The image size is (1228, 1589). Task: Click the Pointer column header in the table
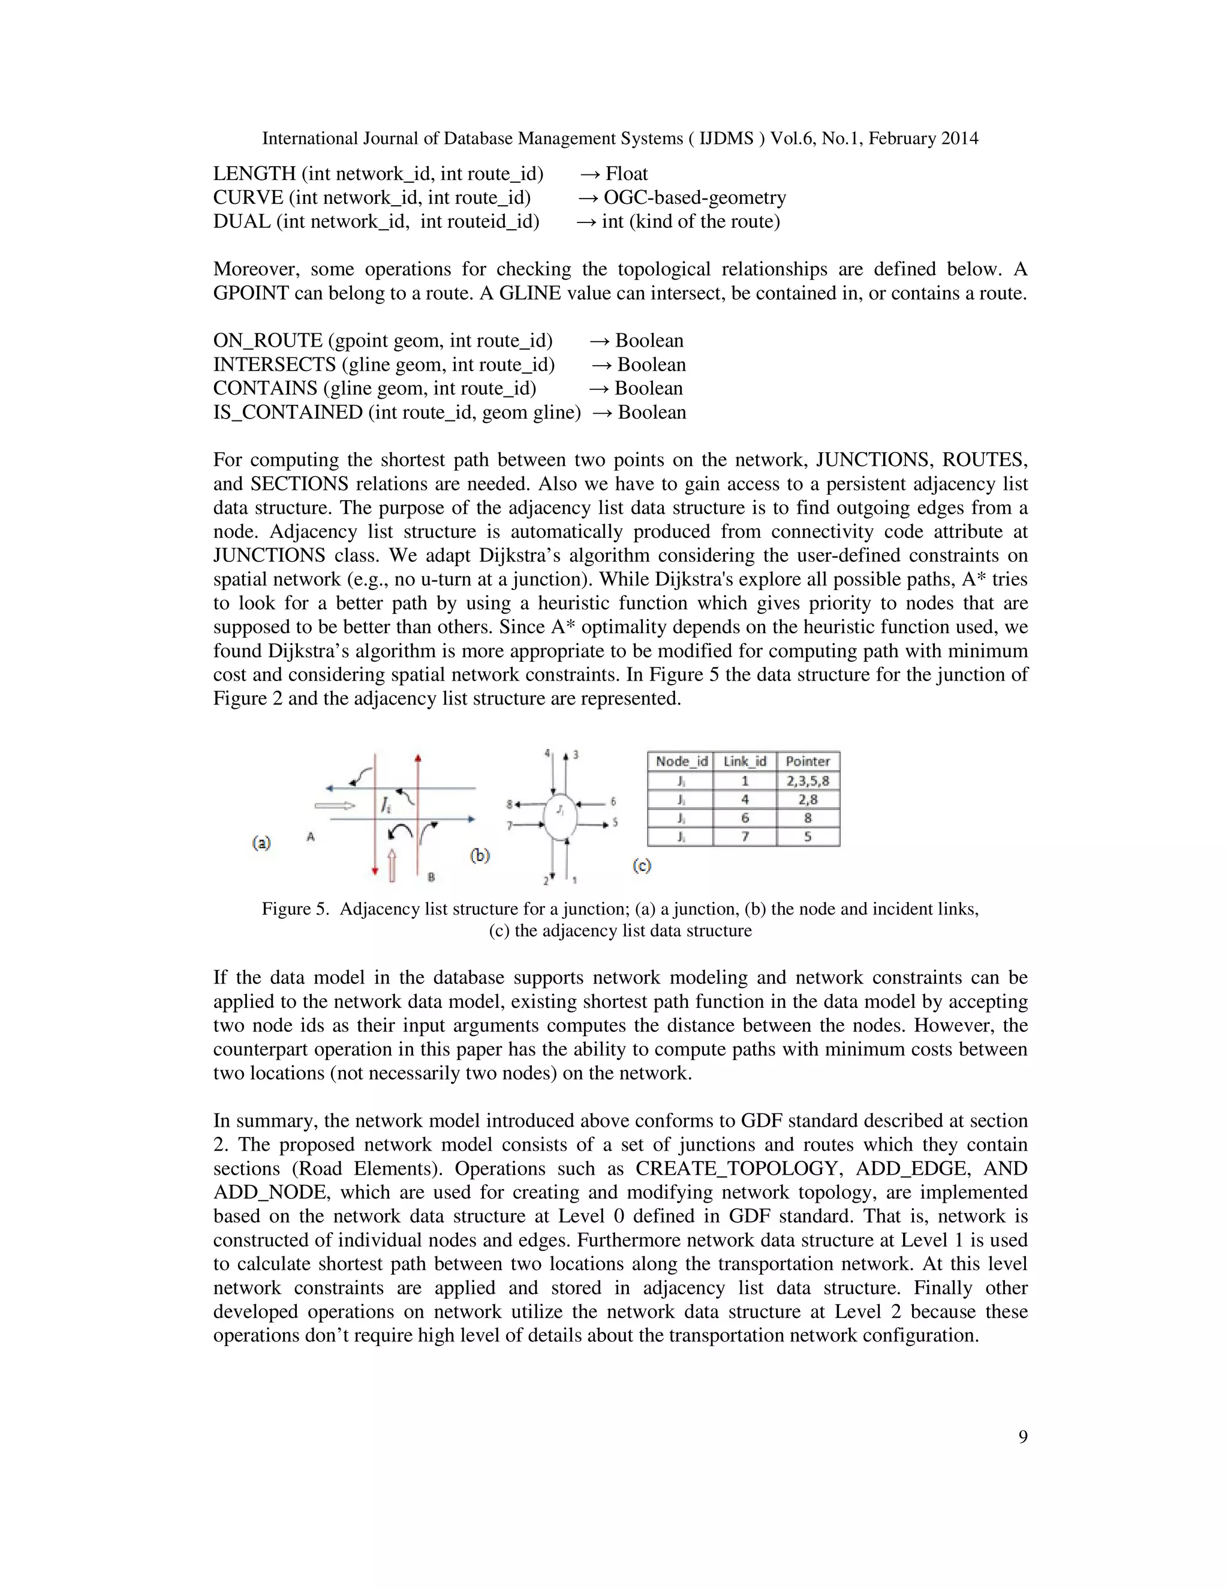tap(808, 761)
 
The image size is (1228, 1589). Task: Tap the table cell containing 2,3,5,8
tap(808, 781)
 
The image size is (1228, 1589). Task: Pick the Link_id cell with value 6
tap(744, 818)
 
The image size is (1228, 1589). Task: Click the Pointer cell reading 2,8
tap(808, 799)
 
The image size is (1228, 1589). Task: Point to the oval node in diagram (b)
tap(560, 818)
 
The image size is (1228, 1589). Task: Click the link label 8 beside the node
tap(510, 804)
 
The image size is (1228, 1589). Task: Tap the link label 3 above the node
tap(576, 754)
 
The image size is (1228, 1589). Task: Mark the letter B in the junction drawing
tap(431, 877)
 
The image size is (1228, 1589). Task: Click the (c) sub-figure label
tap(641, 865)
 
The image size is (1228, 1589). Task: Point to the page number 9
tap(1023, 1437)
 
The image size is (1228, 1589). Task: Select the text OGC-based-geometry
tap(695, 198)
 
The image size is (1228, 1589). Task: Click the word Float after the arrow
tap(627, 174)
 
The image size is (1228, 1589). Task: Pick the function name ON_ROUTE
tap(267, 341)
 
